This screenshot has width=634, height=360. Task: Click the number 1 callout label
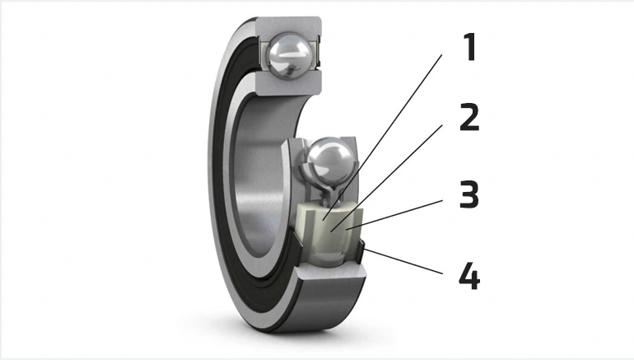(469, 47)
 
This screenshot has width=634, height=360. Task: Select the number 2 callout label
(469, 117)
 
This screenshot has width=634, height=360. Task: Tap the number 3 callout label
(469, 194)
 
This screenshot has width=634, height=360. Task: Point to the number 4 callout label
(469, 276)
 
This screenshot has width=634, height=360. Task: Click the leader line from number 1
(382, 137)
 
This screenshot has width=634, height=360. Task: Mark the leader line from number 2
(386, 178)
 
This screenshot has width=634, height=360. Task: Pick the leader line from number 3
(394, 214)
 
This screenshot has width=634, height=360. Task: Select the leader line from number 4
(403, 261)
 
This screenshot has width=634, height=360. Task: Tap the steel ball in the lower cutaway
(329, 160)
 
